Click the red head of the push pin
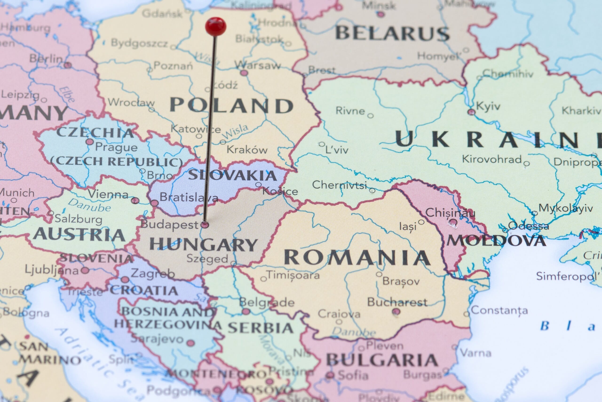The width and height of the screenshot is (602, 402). click(x=216, y=26)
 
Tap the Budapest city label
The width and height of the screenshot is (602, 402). click(x=169, y=225)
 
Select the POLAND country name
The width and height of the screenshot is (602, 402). click(x=232, y=105)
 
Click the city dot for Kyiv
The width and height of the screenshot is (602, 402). click(x=471, y=112)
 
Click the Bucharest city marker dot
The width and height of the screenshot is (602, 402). click(x=396, y=311)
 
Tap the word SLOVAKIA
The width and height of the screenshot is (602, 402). click(x=232, y=175)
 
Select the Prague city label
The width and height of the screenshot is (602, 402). click(x=116, y=147)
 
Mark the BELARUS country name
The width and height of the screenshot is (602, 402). click(x=392, y=33)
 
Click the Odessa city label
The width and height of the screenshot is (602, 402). click(x=528, y=226)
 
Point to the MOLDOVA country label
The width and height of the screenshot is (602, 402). click(x=496, y=241)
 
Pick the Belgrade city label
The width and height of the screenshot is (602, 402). click(x=267, y=302)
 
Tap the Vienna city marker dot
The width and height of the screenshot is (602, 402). click(x=135, y=201)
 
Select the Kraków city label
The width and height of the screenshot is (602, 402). click(x=247, y=150)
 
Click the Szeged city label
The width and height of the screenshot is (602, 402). click(x=207, y=258)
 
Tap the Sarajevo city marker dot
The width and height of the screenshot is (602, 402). click(x=190, y=343)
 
